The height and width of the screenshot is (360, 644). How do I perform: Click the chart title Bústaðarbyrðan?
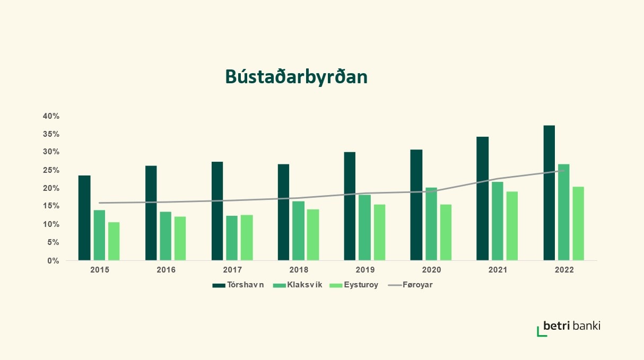click(x=296, y=77)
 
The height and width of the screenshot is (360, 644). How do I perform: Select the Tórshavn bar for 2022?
click(x=549, y=193)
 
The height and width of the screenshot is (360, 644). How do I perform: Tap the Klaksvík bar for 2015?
click(x=99, y=235)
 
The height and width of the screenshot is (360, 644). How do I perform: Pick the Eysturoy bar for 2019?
click(x=379, y=232)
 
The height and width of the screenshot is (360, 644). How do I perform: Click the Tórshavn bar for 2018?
click(x=283, y=212)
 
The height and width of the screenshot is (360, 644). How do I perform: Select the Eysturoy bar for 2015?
click(x=114, y=241)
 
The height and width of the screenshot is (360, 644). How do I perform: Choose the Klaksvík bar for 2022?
click(x=564, y=212)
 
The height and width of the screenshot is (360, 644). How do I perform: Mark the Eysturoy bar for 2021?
click(x=512, y=226)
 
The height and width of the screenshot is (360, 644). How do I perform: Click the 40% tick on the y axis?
click(x=51, y=116)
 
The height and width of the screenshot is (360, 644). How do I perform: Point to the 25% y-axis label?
click(x=51, y=170)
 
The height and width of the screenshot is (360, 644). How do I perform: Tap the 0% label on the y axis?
click(x=53, y=260)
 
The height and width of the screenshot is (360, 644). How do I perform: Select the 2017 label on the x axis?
click(x=232, y=270)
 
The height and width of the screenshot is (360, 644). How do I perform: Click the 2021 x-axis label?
click(x=498, y=270)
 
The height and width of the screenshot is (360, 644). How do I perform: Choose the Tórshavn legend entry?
click(x=238, y=285)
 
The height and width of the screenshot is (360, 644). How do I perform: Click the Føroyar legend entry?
click(x=411, y=285)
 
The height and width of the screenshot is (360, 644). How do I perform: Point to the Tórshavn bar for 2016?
click(x=151, y=213)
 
